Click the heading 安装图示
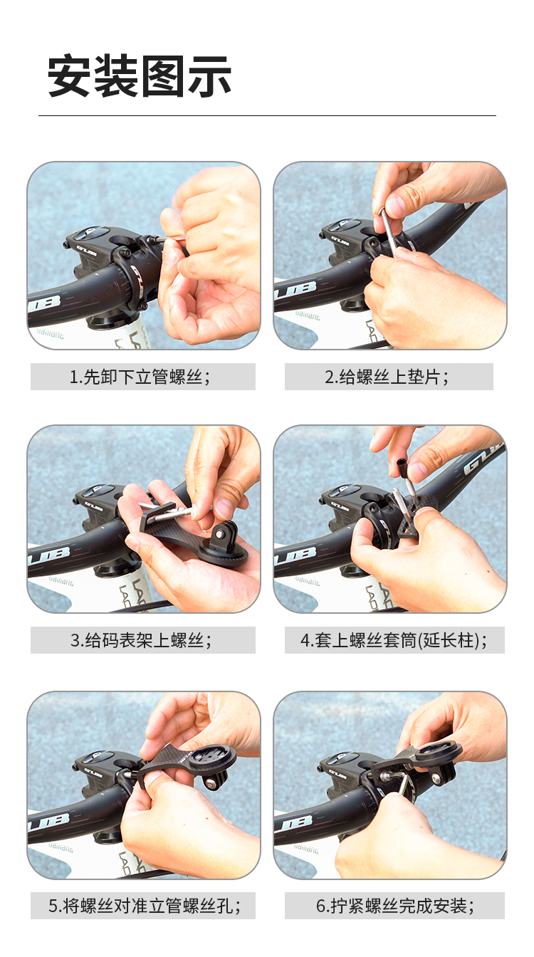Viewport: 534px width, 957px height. [x=140, y=75]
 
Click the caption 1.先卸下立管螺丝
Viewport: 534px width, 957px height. [x=140, y=377]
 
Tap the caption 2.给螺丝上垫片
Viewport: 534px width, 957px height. [x=387, y=377]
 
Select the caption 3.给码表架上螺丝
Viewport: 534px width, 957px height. [x=141, y=640]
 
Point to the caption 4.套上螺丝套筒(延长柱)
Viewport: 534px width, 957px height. [x=394, y=640]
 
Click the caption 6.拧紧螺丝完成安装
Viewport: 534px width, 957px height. [x=395, y=906]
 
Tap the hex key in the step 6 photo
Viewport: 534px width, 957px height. [x=402, y=788]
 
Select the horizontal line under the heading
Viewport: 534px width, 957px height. [x=268, y=115]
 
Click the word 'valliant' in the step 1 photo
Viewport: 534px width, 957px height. [x=50, y=333]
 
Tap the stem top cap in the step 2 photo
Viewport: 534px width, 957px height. [x=343, y=226]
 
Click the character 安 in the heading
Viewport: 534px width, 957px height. [x=70, y=75]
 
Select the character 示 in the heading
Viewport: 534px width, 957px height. [x=209, y=75]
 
